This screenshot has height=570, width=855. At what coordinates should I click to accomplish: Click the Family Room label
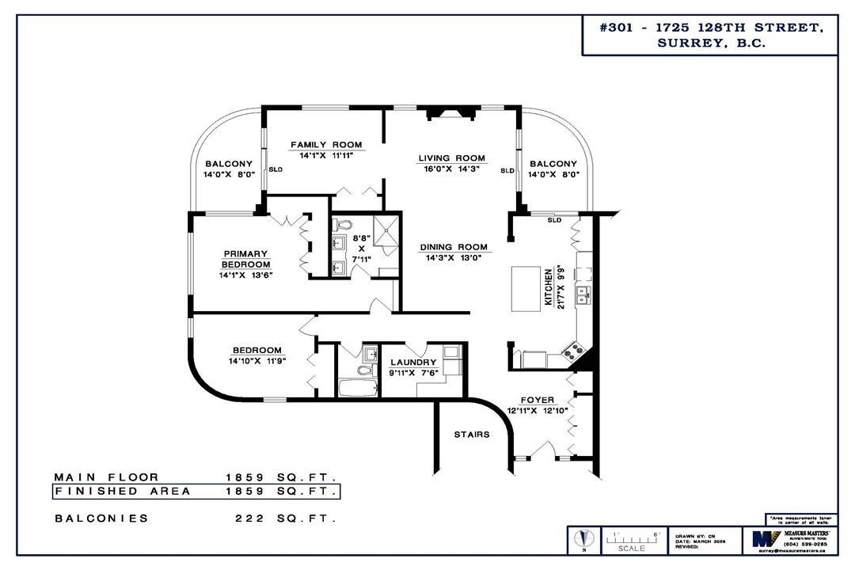(326, 145)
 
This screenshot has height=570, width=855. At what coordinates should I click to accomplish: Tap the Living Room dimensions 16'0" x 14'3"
(452, 169)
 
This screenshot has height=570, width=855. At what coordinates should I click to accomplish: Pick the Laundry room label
(412, 363)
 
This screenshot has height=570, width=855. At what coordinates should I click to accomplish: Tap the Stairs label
(472, 434)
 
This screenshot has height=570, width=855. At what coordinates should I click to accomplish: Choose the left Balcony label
(228, 164)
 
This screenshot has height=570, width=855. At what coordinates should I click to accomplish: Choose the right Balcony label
(553, 164)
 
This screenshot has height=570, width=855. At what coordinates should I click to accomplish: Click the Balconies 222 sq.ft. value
(286, 519)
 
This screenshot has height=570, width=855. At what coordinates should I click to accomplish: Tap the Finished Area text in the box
(123, 492)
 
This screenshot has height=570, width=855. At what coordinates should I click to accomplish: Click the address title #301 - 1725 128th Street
(710, 28)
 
